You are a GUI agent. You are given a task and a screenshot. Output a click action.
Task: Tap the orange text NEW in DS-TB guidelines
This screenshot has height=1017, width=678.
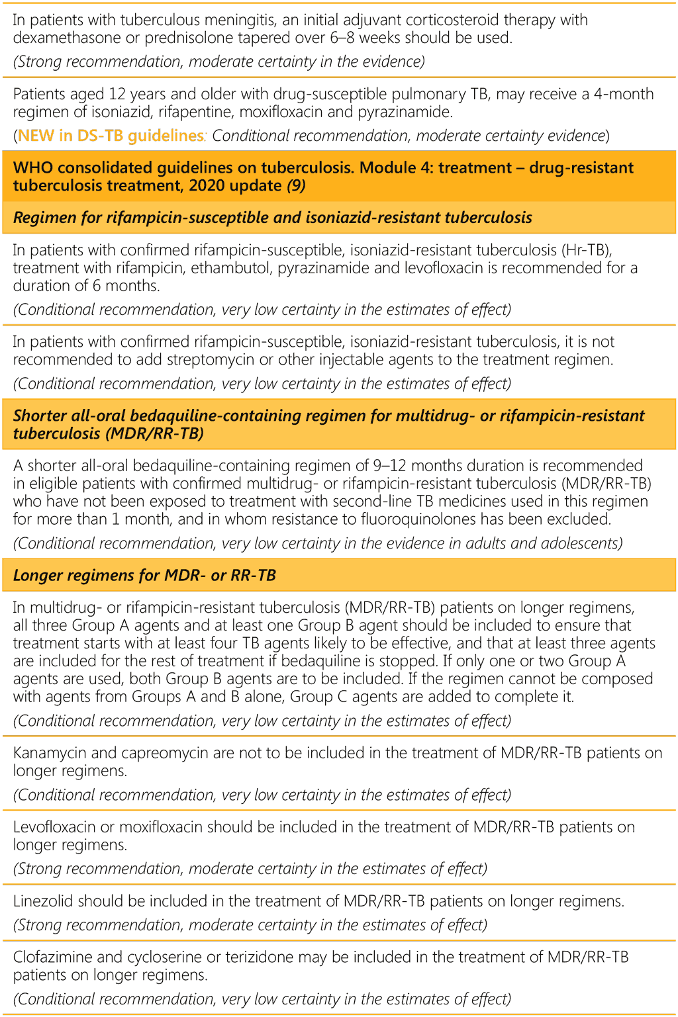tap(111, 136)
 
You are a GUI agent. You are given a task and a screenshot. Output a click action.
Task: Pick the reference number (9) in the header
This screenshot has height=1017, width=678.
tap(296, 185)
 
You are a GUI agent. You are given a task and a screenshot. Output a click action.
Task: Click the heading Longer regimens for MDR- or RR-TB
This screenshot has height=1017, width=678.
tap(144, 575)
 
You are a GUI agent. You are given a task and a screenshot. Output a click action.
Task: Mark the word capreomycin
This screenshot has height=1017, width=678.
tap(162, 753)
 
